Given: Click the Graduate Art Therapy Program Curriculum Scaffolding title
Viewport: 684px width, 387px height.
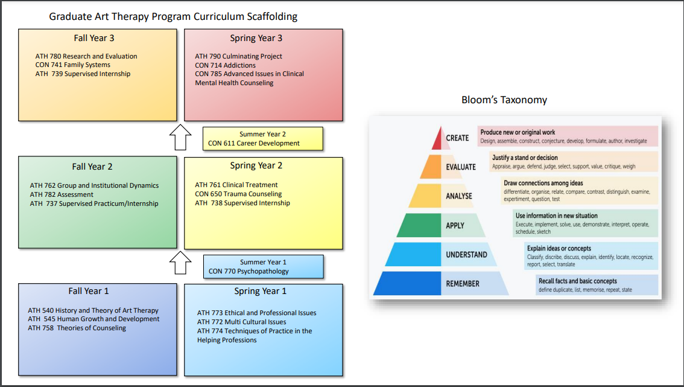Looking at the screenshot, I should [x=173, y=16].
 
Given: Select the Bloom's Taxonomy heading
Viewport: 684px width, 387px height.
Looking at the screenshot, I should [x=504, y=100].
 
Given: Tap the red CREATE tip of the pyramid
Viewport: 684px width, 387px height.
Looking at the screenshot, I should [x=438, y=140].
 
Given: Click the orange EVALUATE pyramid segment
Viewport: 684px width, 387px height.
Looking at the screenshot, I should [x=432, y=167].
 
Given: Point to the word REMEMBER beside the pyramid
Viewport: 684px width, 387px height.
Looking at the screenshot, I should [x=463, y=284].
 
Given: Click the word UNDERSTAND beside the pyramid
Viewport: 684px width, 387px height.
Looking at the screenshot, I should [x=466, y=255].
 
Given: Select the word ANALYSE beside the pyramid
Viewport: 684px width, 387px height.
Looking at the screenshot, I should [x=459, y=196].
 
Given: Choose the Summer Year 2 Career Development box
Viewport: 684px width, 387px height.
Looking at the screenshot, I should [x=263, y=139].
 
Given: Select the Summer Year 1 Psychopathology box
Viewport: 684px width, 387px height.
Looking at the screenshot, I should [x=263, y=267].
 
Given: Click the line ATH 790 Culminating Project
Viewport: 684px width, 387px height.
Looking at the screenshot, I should [x=239, y=56].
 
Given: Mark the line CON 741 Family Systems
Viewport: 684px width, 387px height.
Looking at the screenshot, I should [x=73, y=65].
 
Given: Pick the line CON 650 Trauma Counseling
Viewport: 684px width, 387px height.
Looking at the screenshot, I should [x=238, y=194].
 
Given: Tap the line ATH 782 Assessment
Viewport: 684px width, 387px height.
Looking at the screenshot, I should [x=62, y=194].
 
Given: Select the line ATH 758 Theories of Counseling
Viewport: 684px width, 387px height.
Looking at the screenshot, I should [x=77, y=328].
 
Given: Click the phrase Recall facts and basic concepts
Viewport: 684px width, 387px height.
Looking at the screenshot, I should [x=577, y=281].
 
